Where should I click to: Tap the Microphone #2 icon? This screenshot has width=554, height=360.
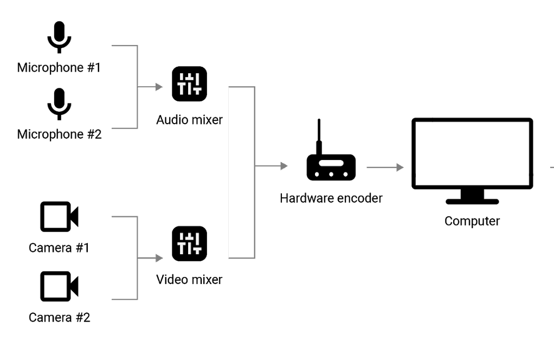[59, 104]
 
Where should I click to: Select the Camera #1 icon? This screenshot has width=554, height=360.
[59, 216]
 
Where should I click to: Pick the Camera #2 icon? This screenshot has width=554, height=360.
[59, 286]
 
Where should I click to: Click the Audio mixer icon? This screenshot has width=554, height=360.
[189, 84]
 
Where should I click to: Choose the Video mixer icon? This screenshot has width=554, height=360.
[189, 243]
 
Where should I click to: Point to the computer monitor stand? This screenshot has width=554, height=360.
[472, 196]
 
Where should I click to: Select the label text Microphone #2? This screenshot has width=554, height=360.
[59, 134]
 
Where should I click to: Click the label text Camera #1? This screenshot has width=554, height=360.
[59, 248]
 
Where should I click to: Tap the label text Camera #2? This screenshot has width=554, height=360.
[59, 317]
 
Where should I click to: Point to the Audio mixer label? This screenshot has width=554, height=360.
[189, 120]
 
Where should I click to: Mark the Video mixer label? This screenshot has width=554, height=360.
[189, 280]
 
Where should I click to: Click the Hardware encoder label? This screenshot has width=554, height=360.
[331, 198]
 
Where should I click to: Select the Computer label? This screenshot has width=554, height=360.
[472, 221]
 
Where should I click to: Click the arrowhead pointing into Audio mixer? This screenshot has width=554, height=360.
[159, 87]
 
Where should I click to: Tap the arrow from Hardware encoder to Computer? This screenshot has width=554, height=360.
[385, 168]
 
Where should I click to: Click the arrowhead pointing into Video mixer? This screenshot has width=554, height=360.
[159, 258]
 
